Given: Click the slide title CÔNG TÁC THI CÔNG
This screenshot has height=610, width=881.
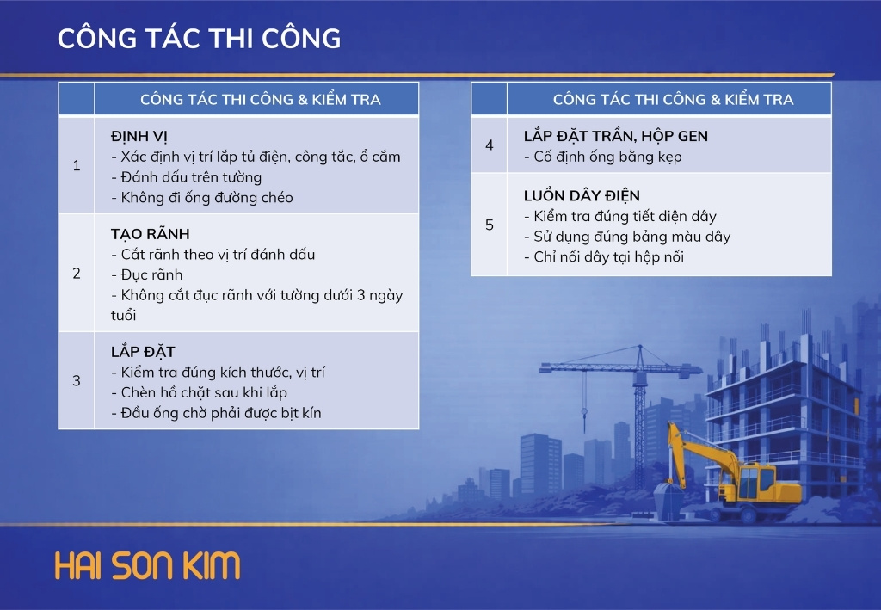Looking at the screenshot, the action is pos(199,38).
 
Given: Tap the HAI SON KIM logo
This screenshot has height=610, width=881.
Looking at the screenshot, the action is pos(147,565).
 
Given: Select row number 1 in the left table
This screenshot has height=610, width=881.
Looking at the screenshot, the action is pos(77,166).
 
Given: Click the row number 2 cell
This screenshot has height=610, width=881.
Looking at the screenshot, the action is pos(77,274).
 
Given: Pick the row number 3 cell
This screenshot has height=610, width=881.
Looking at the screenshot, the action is pos(77,381).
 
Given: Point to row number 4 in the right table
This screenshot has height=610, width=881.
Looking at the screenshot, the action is pos(490,145).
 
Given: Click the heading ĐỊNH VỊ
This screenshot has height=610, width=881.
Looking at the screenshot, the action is pos(139,137).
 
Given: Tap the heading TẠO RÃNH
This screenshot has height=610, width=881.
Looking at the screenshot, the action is pos(150,234).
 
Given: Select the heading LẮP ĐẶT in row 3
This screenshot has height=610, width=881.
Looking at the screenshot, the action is pos(143,352).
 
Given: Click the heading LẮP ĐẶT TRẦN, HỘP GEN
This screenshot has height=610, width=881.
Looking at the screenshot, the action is pos(616,136).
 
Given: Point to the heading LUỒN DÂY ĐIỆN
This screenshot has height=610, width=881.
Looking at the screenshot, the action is pos(582,195).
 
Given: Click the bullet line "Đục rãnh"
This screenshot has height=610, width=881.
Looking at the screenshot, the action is pos(146,274).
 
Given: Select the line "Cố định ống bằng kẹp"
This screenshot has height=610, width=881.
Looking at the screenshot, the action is pos(603,157).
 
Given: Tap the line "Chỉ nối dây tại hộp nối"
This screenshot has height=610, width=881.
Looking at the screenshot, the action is pos(604,257).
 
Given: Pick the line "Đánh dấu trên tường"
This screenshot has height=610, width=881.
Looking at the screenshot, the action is pos(187,177).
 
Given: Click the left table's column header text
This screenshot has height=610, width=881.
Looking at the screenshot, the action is pos(260,100).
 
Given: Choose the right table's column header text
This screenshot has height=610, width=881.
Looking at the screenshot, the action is pos(673,100).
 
